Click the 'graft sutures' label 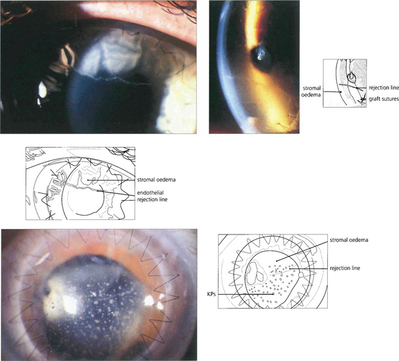(382, 100)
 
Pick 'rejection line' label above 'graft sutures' (382, 88)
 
